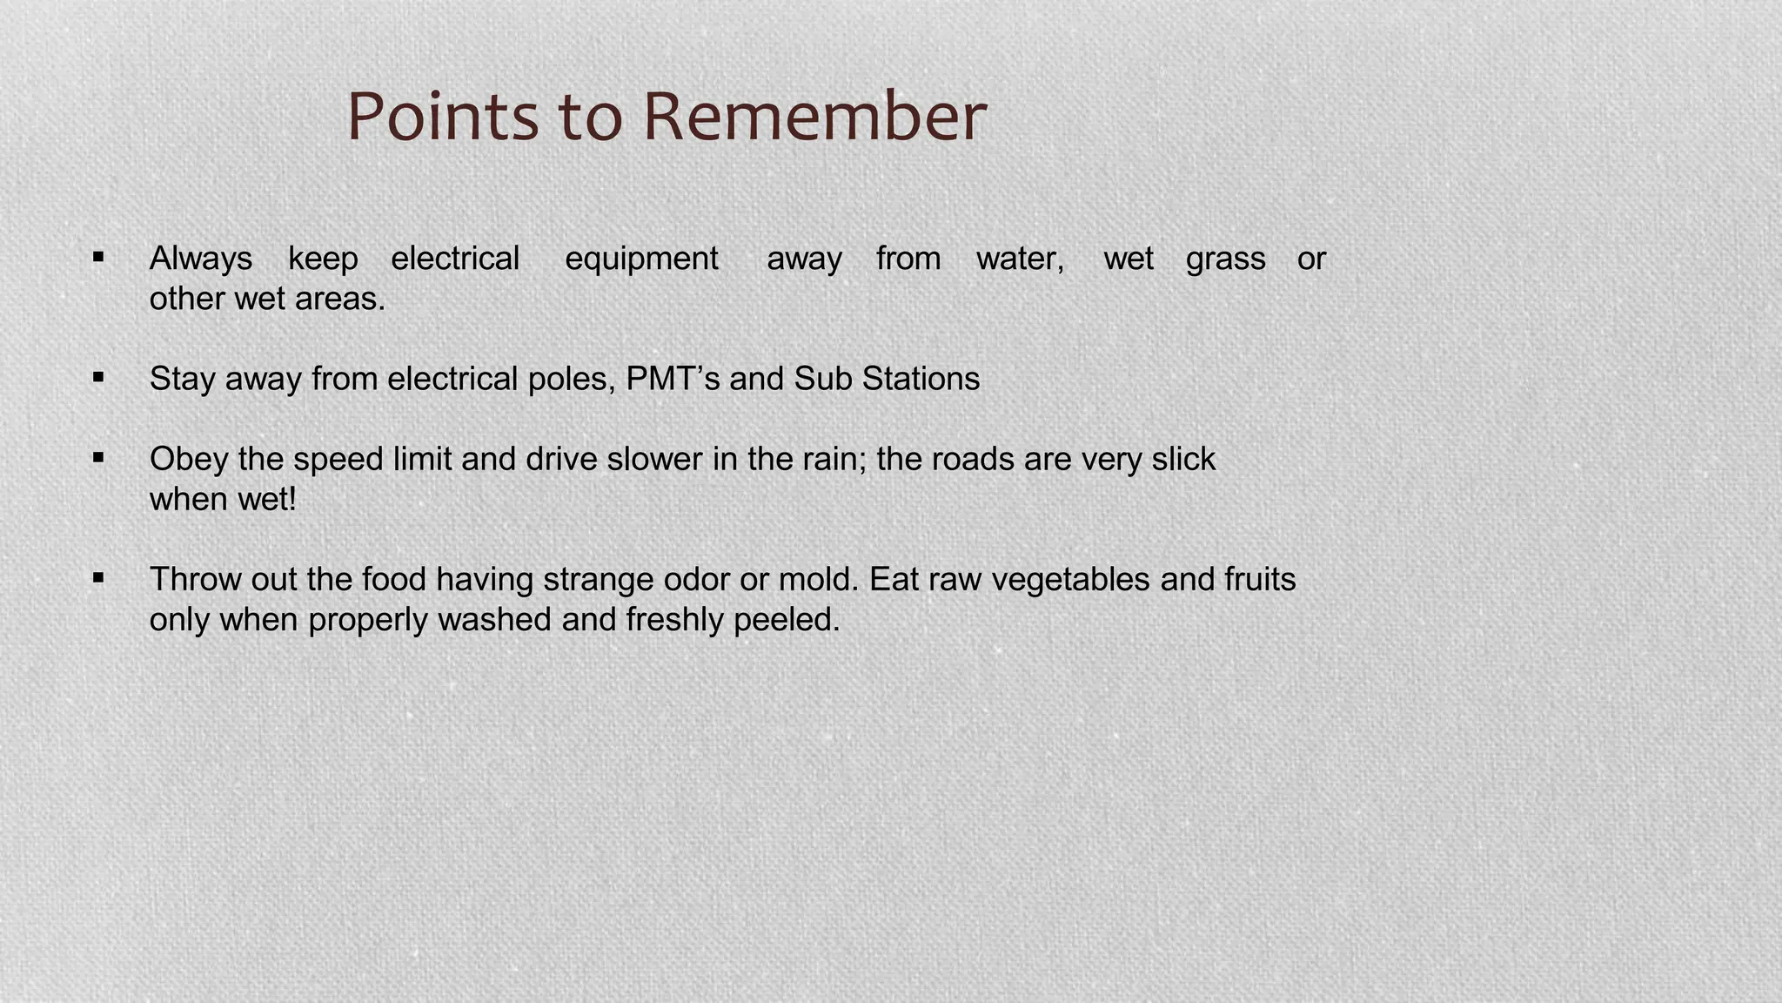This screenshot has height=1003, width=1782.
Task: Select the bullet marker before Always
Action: coord(98,257)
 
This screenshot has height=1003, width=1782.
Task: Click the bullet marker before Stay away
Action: coord(98,377)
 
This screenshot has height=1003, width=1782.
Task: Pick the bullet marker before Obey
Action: coord(98,457)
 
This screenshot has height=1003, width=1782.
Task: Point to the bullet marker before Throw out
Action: coord(98,577)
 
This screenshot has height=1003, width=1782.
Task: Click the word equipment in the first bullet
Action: coord(641,259)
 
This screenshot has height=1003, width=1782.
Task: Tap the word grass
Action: coord(1225,259)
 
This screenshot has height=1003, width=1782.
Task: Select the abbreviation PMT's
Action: coord(673,379)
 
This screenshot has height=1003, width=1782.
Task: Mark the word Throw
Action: coord(196,579)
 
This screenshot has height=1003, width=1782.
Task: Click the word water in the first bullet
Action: coord(1020,259)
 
